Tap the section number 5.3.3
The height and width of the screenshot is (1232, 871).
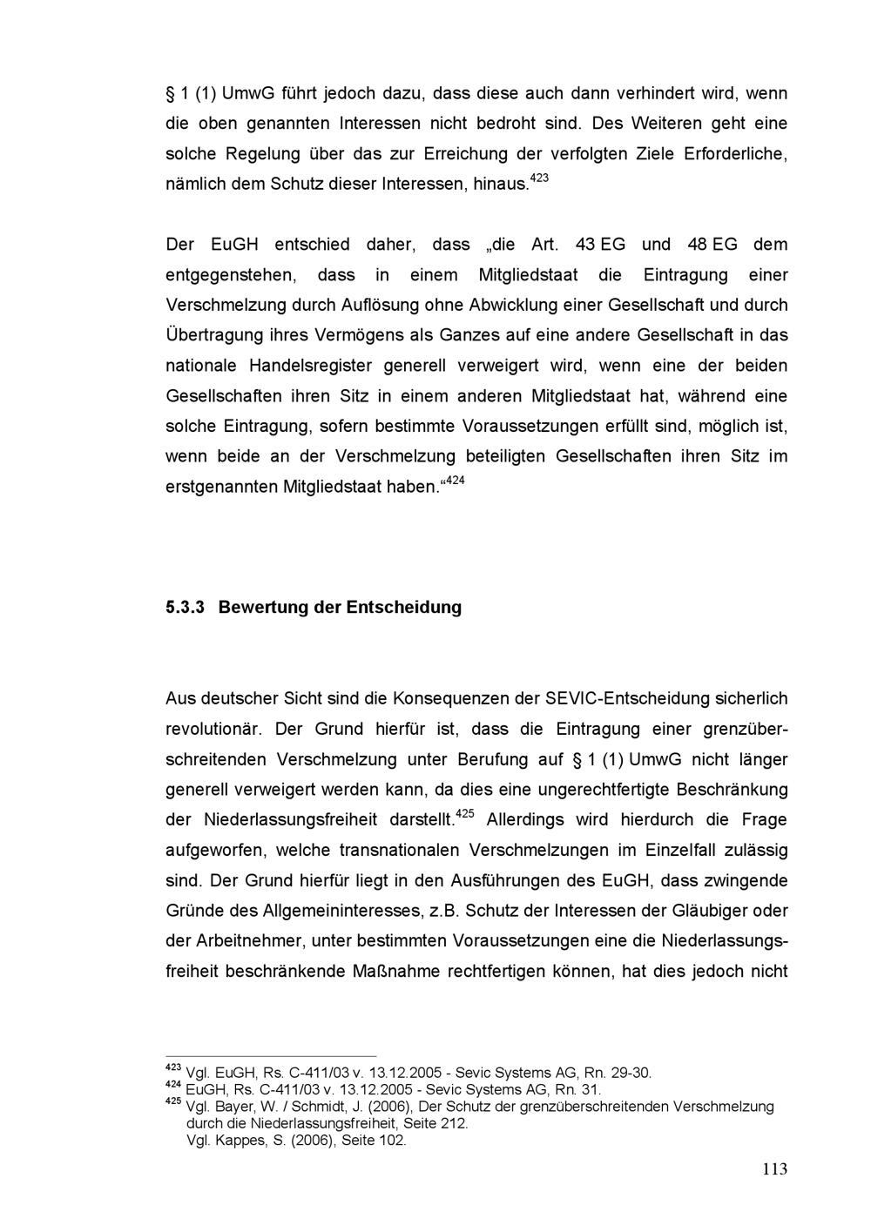[185, 607]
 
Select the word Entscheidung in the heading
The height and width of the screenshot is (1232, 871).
[404, 607]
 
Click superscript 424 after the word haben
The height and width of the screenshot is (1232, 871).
[455, 481]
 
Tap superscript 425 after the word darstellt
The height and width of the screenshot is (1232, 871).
[465, 814]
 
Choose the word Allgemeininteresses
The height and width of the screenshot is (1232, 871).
[342, 911]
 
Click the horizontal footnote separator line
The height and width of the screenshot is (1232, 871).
[271, 1055]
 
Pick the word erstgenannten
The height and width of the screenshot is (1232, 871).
[221, 487]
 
